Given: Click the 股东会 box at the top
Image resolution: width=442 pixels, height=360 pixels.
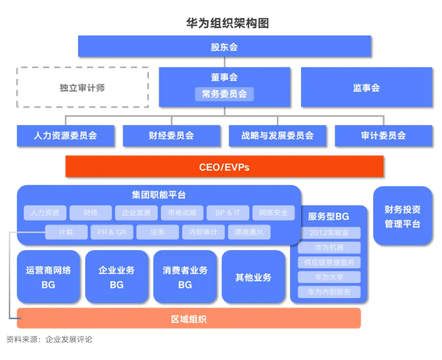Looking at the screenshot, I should coord(224,47).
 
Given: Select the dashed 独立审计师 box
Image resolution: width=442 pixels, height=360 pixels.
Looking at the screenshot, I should coord(83,87).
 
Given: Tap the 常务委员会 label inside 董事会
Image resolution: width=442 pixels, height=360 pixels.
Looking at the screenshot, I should coord(224,94).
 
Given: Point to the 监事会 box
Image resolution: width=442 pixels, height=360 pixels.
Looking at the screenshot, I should coord(366,87).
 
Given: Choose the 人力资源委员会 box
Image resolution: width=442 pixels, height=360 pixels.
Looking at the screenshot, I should coord(66,135).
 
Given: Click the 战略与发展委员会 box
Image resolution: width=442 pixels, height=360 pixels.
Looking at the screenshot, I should coord(277,135).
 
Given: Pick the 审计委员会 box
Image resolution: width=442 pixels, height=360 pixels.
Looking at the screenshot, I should coord(383,135).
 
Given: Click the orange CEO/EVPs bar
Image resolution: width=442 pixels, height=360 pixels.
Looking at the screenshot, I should coord(224,166).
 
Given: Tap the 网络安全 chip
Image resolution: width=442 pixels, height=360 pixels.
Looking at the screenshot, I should coord(273,213).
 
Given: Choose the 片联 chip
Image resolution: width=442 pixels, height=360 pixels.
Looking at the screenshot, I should coord(66,232).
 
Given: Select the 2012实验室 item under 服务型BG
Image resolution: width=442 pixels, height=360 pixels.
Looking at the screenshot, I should coord(329,233).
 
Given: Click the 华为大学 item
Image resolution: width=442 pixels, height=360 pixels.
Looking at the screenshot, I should coord(329,277).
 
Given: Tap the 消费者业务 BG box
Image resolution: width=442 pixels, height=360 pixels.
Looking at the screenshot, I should coord(185,277).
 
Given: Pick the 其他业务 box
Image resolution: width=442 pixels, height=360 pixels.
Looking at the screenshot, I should coord(253,277).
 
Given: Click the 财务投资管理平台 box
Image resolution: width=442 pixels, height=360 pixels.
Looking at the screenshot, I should coord(402,216).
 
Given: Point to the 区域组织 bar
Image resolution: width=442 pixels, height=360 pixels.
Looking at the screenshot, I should coord(189,318).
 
